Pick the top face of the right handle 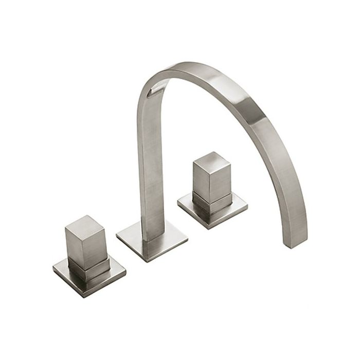point(211,159)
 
